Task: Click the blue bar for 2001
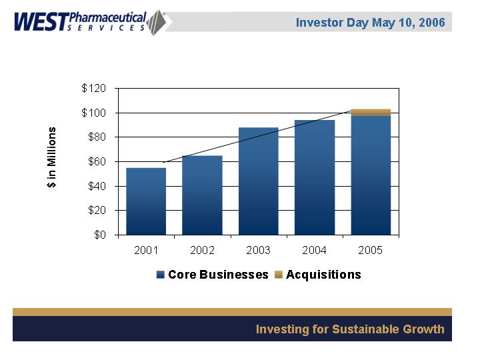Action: click(146, 201)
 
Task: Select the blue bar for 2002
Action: click(202, 195)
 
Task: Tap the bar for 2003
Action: click(259, 181)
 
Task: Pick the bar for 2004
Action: click(315, 177)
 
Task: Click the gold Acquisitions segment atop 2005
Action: click(371, 113)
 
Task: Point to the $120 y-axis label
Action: click(93, 89)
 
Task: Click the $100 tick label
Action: click(93, 113)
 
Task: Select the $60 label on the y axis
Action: click(97, 161)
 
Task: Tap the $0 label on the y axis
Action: click(100, 235)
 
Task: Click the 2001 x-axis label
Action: click(146, 251)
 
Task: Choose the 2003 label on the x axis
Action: click(259, 251)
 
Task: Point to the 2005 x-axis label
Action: click(371, 251)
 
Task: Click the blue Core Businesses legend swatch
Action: click(161, 275)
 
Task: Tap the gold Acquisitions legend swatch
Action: click(279, 275)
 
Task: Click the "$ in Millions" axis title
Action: click(52, 157)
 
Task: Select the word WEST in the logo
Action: click(41, 22)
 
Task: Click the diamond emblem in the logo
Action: click(156, 23)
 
